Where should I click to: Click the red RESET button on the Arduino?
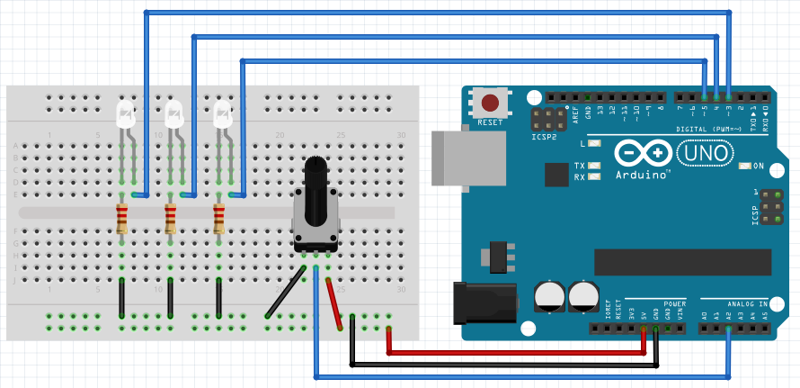pyautogui.click(x=490, y=103)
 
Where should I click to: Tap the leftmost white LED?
pyautogui.click(x=126, y=114)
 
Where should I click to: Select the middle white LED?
pyautogui.click(x=174, y=114)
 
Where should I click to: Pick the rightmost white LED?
pyautogui.click(x=223, y=114)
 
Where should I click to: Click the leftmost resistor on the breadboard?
pyautogui.click(x=122, y=218)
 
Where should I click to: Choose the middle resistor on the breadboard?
pyautogui.click(x=171, y=218)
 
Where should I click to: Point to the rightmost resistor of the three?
pyautogui.click(x=218, y=218)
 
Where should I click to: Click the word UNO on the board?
pyautogui.click(x=703, y=154)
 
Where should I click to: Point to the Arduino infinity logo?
pyautogui.click(x=643, y=153)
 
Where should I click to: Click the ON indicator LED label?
pyautogui.click(x=758, y=166)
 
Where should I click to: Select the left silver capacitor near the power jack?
pyautogui.click(x=548, y=296)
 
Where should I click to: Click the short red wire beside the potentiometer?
pyautogui.click(x=334, y=305)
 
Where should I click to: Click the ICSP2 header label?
pyautogui.click(x=543, y=138)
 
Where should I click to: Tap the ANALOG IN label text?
pyautogui.click(x=750, y=304)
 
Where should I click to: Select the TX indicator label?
pyautogui.click(x=580, y=166)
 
